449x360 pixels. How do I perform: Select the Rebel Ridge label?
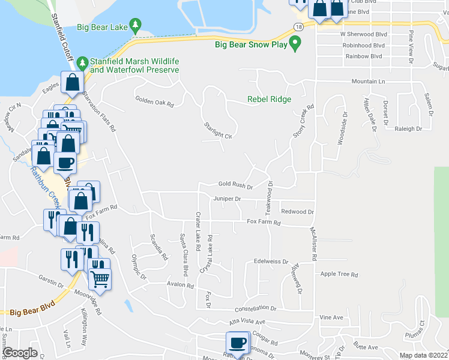click(269, 100)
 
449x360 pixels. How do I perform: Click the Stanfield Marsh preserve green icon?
click(84, 61)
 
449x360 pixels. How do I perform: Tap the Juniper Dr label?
click(226, 198)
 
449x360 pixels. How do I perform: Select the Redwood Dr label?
click(298, 212)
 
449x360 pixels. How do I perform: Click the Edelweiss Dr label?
click(271, 262)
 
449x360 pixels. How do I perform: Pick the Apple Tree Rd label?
click(339, 274)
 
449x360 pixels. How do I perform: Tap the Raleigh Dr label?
click(408, 128)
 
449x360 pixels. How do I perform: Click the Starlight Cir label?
click(218, 136)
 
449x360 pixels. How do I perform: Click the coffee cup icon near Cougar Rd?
click(237, 343)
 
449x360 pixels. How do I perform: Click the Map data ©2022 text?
click(424, 355)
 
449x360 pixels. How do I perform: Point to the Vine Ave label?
click(331, 317)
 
